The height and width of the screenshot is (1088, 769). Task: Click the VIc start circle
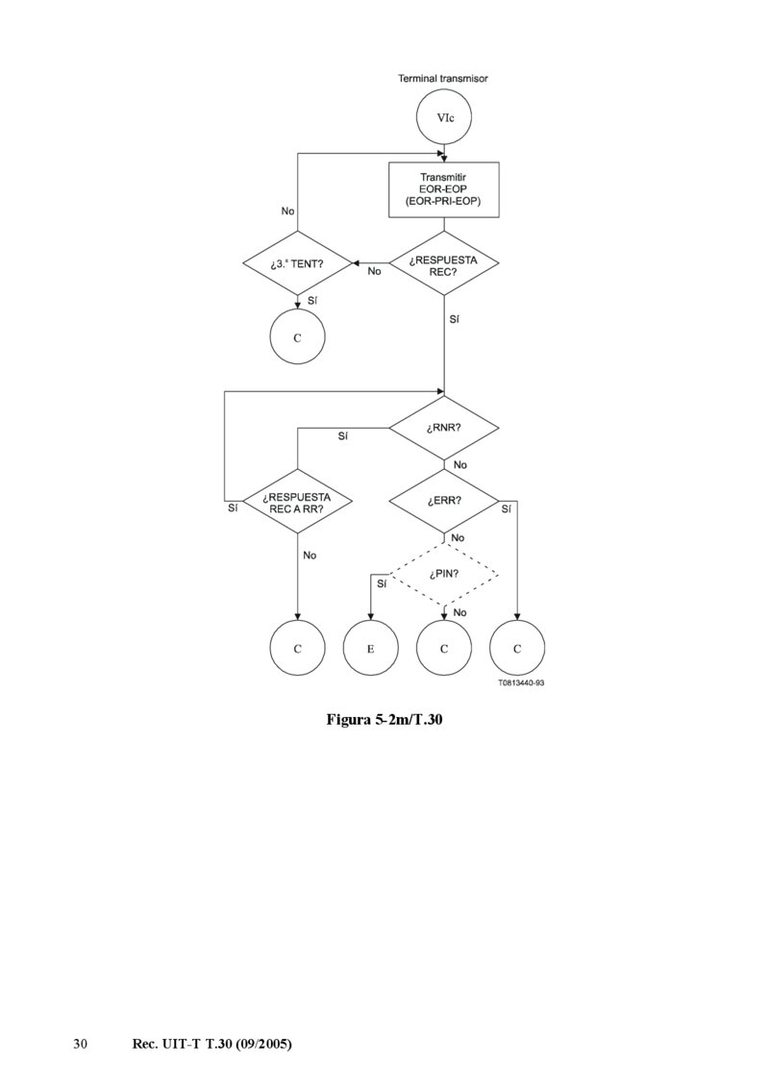pos(443,117)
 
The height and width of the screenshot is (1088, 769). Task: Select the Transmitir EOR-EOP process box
pos(443,189)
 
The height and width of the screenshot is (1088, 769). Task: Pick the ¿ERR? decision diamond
pos(443,501)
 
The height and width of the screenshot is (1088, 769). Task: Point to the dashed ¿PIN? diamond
pos(443,575)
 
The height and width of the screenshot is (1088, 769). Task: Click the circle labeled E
pos(370,649)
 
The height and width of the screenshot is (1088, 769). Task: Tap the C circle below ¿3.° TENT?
pos(297,337)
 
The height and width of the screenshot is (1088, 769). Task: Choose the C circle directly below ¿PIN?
pos(443,649)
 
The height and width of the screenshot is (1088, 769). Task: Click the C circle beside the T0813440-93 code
pos(517,649)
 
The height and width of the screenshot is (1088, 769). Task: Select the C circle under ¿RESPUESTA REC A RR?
pos(297,649)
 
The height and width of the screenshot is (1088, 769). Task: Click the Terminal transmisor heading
pos(443,78)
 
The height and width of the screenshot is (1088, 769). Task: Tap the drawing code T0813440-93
pos(521,683)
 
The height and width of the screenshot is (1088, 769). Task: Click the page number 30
pos(81,1044)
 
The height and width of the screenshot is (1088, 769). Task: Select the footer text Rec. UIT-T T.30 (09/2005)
pos(211,1044)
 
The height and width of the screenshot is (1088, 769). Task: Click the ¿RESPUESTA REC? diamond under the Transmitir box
pos(443,263)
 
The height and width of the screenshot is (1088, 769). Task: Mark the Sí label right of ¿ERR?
pos(507,508)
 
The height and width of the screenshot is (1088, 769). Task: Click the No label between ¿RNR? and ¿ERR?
pos(459,464)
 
